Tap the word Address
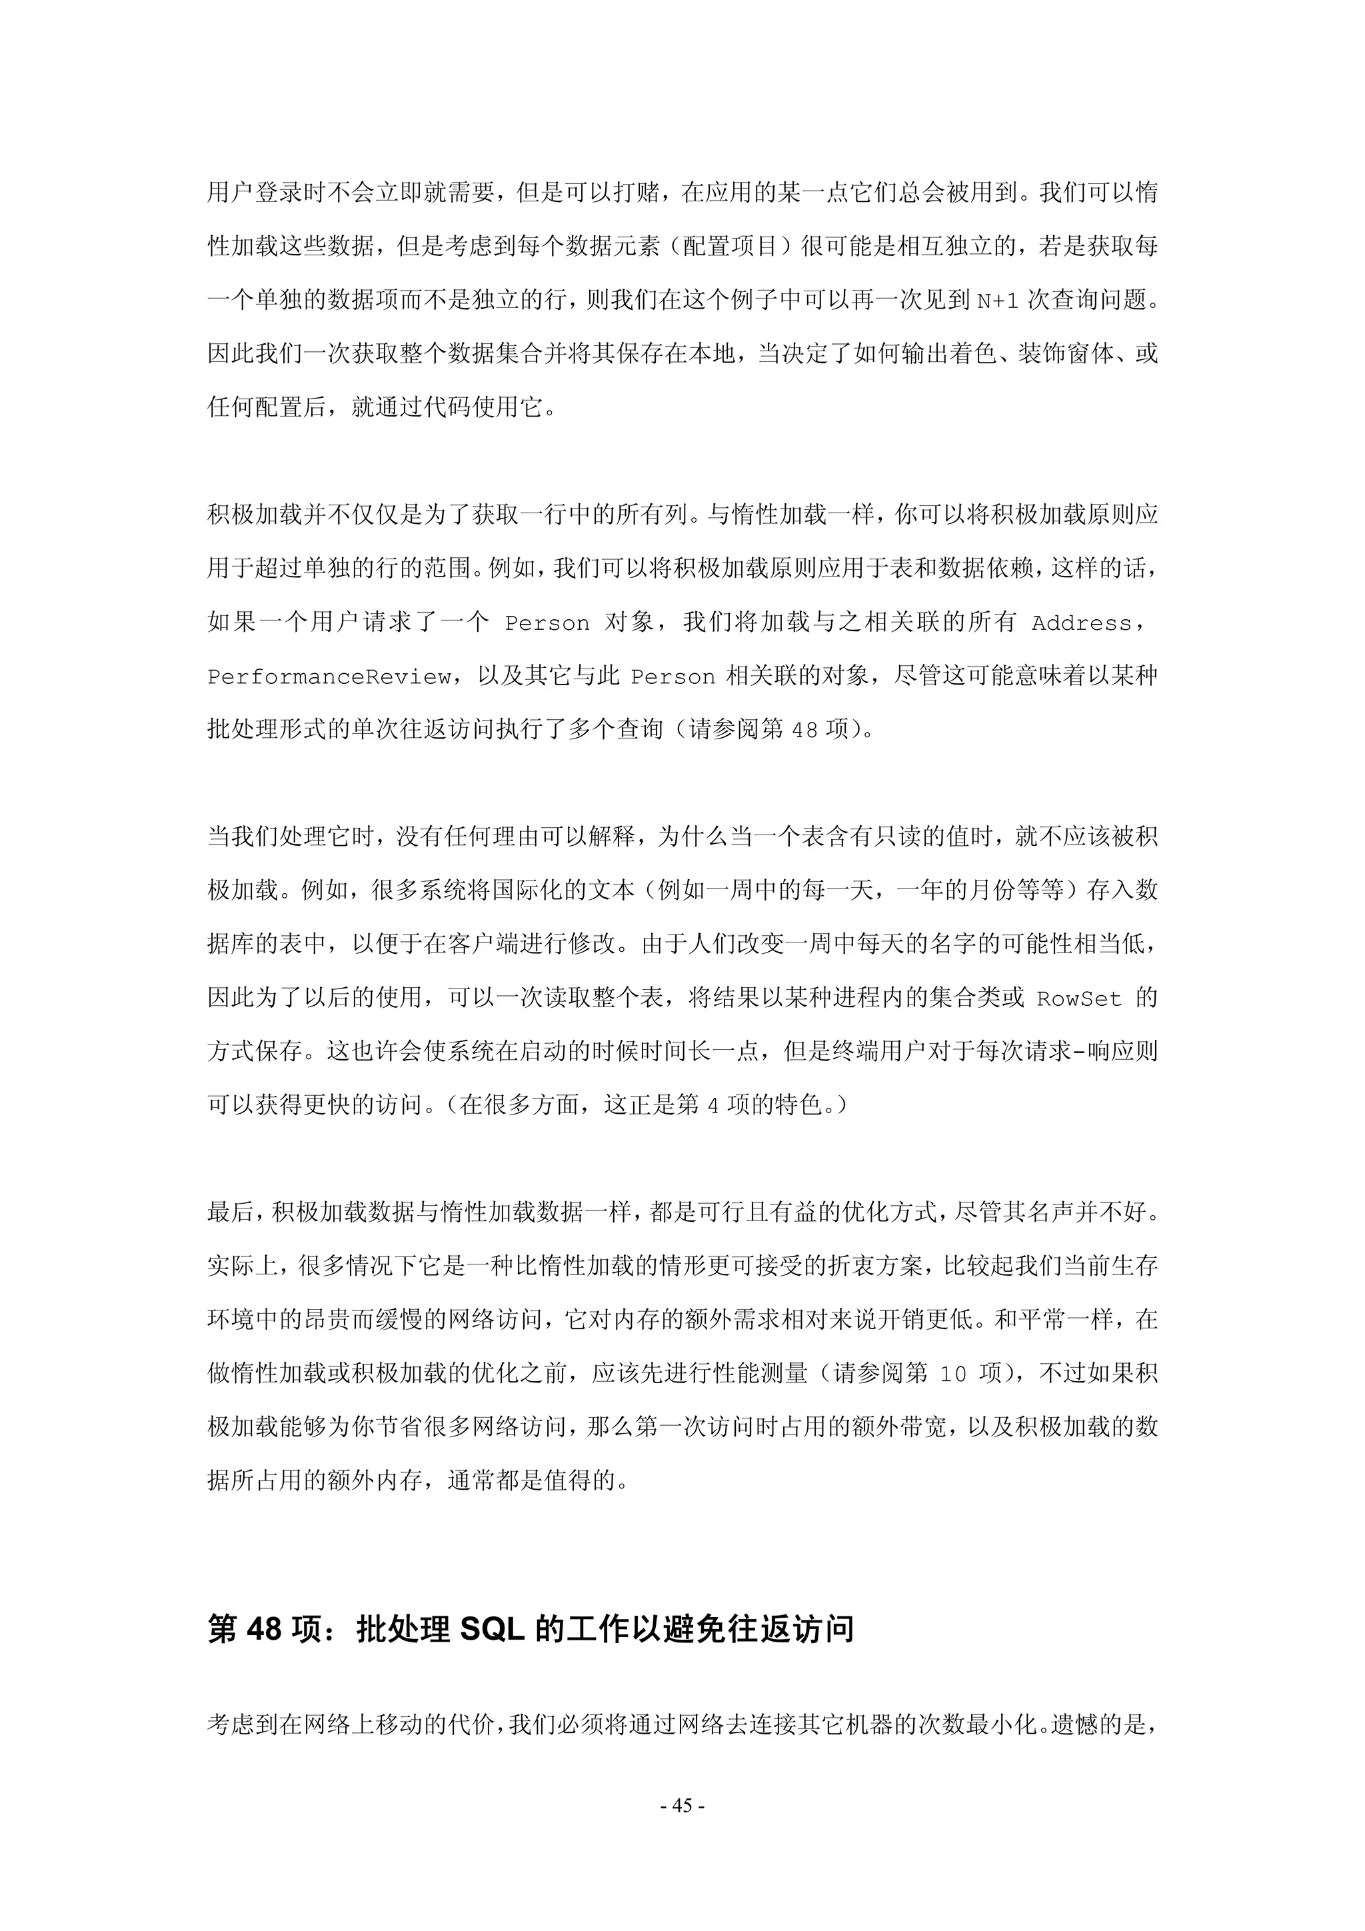point(1082,623)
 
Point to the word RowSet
point(1079,999)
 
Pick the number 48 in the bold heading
point(263,1629)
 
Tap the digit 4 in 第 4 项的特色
point(712,1106)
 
